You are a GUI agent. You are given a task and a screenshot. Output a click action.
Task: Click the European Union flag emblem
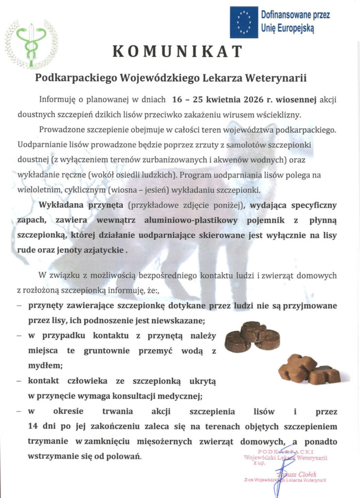pos(243,22)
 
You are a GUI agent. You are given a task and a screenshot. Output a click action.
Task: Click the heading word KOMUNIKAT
pos(178,51)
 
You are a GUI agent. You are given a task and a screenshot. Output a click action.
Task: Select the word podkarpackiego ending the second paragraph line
pos(300,131)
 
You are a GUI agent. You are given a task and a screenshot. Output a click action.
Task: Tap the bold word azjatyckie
pos(101,251)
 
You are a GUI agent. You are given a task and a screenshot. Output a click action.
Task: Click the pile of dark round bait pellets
pos(252,336)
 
